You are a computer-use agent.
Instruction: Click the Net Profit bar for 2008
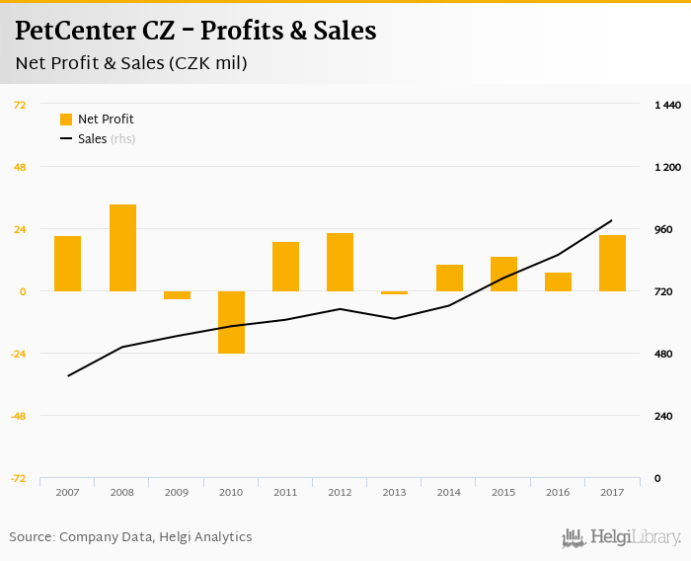point(122,248)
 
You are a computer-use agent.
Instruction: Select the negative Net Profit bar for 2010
point(231,322)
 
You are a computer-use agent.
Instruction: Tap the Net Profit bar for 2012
point(341,262)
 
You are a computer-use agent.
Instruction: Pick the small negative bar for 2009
point(177,295)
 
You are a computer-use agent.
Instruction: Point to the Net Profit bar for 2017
point(612,263)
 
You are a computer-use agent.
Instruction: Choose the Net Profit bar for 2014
point(449,278)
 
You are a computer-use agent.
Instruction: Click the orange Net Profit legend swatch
point(66,120)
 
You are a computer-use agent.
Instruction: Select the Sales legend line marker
point(66,139)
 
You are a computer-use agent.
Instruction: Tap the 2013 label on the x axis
point(394,492)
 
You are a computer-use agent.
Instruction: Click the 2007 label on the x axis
point(68,492)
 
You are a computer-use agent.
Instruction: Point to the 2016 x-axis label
point(558,492)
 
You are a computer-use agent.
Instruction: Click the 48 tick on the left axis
point(19,167)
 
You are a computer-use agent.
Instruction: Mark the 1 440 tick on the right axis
point(668,105)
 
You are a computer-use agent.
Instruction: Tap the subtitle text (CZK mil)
point(207,63)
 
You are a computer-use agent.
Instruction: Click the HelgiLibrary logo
point(622,538)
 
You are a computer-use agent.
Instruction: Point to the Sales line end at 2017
point(612,220)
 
